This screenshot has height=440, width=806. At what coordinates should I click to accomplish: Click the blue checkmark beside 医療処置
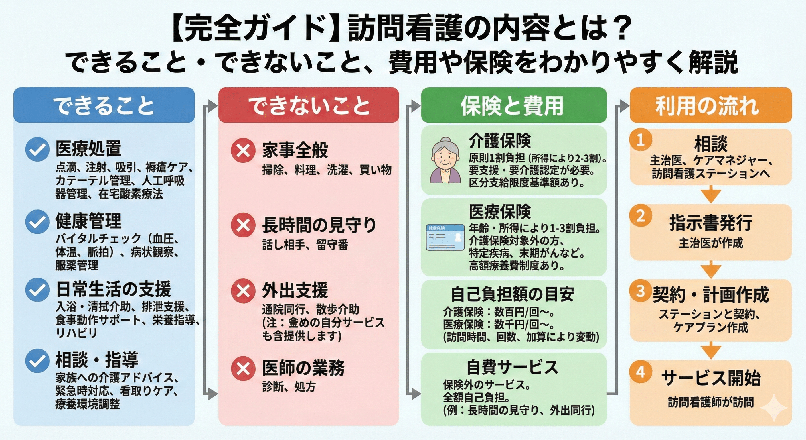click(37, 149)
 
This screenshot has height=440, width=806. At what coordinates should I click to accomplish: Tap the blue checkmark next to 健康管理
click(37, 222)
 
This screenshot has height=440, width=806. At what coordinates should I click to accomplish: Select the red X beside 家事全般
click(243, 150)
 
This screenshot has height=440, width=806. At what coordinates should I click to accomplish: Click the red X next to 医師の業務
click(243, 368)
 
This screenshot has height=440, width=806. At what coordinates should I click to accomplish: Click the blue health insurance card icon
click(445, 237)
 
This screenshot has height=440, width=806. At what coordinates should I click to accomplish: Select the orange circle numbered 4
click(641, 372)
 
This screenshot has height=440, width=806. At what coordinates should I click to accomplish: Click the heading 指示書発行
click(711, 223)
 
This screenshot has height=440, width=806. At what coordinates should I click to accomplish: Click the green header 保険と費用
click(513, 105)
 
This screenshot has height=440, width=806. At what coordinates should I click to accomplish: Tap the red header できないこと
click(309, 105)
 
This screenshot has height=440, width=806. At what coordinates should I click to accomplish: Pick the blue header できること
click(104, 105)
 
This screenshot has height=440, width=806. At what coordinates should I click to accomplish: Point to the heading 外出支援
click(295, 290)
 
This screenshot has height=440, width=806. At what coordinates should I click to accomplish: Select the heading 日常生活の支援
click(113, 289)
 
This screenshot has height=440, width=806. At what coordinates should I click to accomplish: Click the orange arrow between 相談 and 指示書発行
click(711, 194)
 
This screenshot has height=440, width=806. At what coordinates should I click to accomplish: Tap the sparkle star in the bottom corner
click(774, 408)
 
